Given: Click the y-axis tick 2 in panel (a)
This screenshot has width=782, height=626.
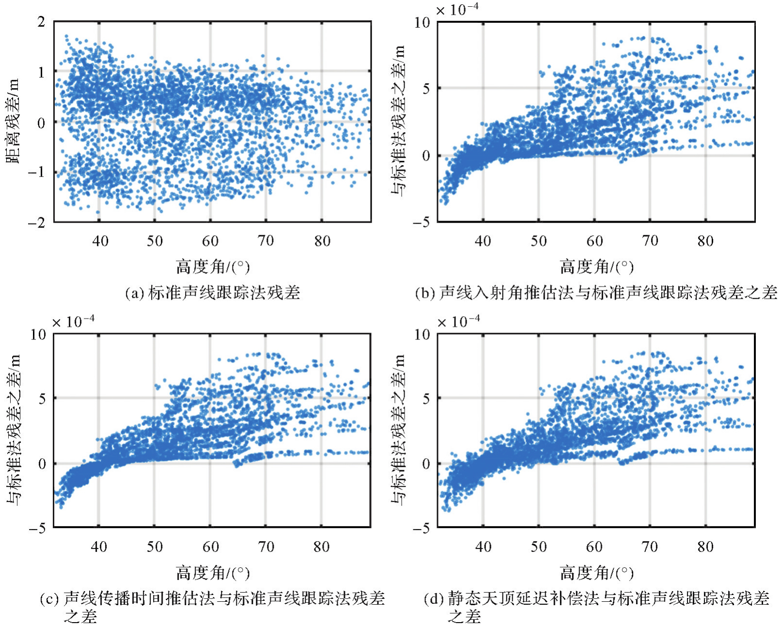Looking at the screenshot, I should [41, 22].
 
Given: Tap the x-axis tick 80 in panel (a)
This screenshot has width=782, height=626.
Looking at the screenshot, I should [322, 241].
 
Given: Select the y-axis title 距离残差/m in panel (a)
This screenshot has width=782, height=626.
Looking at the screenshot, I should [13, 121].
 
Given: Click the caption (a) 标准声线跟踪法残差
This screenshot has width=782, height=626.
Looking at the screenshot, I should [212, 292].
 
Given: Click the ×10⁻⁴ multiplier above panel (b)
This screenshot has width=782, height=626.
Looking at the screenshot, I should [457, 10].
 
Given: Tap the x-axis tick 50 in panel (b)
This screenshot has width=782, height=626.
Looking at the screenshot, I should [538, 241].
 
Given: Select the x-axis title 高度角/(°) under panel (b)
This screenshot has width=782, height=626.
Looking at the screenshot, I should [596, 267].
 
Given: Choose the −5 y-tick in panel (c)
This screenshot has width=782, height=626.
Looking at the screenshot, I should [37, 528].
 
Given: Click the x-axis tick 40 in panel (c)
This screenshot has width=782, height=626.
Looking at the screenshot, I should [99, 547].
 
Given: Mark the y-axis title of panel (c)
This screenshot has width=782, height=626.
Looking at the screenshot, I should [13, 430].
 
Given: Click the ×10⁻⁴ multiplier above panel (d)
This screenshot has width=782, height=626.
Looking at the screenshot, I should [458, 321].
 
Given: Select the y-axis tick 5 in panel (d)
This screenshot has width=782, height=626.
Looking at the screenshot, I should [426, 399].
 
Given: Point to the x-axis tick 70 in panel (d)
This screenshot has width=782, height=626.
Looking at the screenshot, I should [650, 547].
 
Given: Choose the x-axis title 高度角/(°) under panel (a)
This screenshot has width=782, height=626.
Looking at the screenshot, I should [212, 267].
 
